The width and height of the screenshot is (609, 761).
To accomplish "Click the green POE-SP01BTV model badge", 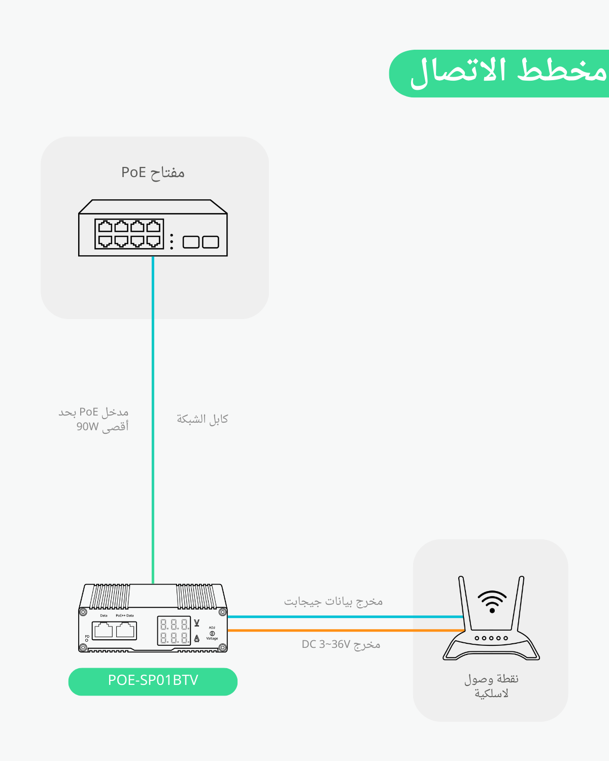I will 153,681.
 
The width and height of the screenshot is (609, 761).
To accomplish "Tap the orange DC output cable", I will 345,631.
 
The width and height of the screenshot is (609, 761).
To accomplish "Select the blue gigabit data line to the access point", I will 345,616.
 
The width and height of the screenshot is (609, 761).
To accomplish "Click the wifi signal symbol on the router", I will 492,602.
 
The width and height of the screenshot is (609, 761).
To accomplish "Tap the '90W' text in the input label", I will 87,427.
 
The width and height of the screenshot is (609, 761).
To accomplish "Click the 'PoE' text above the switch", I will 133,172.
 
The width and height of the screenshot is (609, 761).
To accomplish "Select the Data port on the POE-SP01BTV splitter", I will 104,631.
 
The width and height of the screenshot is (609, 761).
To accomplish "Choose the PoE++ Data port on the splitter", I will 125,631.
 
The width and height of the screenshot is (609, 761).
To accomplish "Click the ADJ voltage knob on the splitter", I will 212,633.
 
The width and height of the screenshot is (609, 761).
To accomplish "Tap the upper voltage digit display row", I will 174,625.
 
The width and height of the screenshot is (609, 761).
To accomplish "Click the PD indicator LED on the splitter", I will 87,640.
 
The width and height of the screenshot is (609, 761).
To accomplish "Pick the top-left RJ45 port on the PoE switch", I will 105,226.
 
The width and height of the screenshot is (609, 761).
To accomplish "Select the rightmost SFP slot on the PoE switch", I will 211,242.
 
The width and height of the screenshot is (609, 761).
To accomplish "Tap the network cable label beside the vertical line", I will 202,419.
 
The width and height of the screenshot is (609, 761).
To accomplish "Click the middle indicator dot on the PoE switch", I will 172,241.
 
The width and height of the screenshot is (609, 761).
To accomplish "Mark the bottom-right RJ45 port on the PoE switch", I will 153,240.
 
